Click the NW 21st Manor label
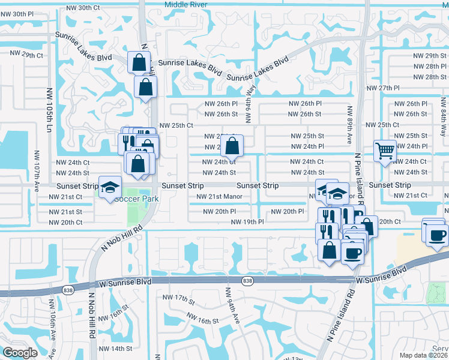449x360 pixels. click(219, 196)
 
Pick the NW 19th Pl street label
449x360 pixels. click(247, 223)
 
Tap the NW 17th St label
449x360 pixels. click(178, 298)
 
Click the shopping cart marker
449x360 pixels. click(385, 152)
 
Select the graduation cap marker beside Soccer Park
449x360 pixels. click(110, 188)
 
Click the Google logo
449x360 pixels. click(20, 353)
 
